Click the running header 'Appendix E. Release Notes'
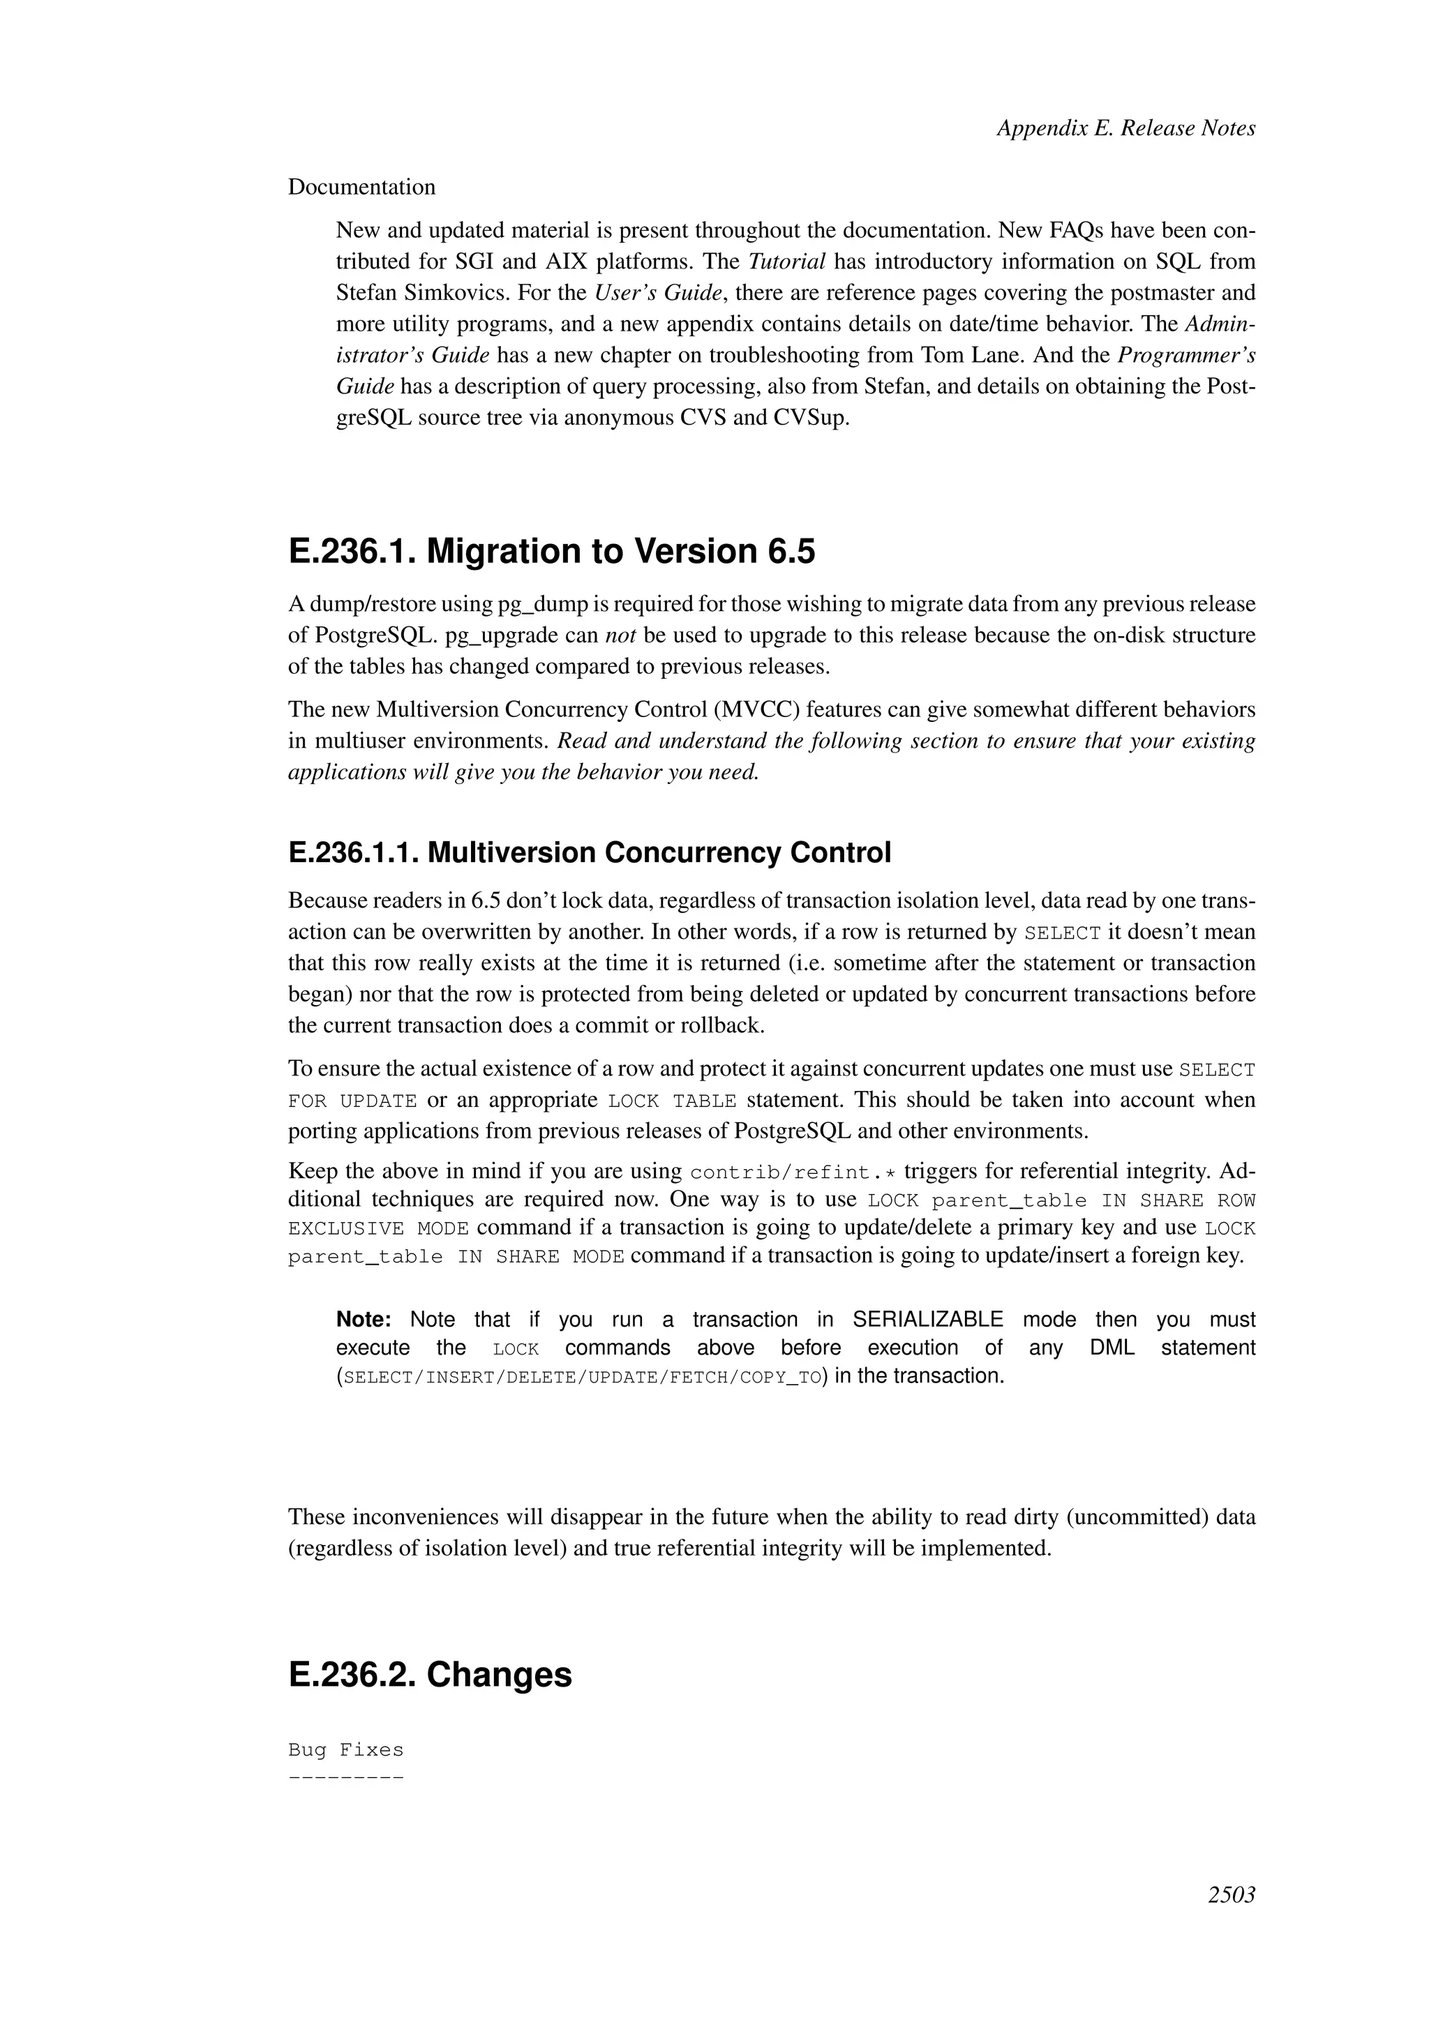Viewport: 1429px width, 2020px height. [1125, 128]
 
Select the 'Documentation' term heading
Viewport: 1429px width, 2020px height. [361, 188]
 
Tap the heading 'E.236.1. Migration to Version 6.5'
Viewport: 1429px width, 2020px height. [552, 552]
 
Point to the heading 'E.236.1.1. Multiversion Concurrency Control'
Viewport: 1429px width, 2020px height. [590, 852]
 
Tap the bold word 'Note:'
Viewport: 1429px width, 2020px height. [364, 1320]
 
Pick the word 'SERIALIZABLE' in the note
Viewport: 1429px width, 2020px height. [927, 1320]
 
